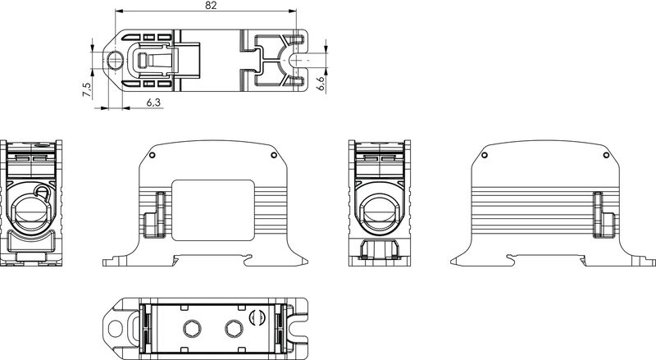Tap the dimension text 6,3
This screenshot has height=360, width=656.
[x=153, y=103]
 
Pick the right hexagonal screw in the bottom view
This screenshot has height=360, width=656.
[x=232, y=328]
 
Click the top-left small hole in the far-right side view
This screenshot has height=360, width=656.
[x=484, y=155]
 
